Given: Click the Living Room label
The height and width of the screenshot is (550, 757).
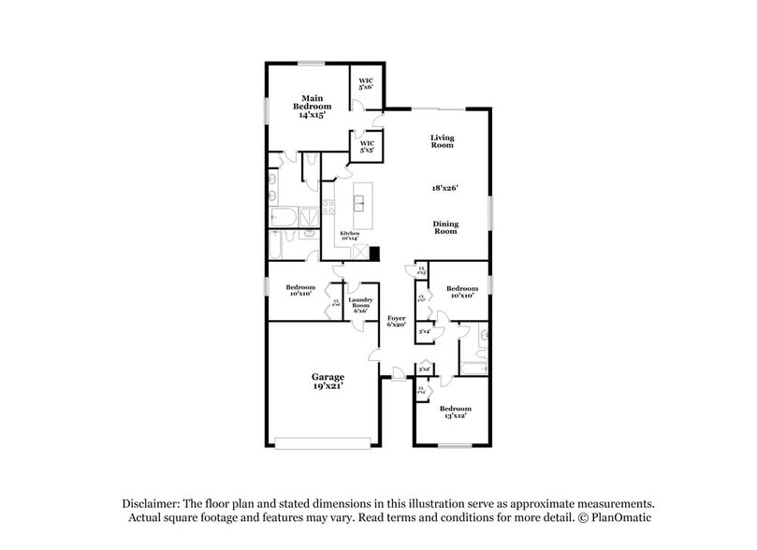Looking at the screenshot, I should (x=442, y=141).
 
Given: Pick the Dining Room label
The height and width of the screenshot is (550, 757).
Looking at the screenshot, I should (x=444, y=227).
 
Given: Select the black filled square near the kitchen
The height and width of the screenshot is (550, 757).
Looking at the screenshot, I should (x=374, y=253).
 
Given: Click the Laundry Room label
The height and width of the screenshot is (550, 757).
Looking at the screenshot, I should (x=362, y=305).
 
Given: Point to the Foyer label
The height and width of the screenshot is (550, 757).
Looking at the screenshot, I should (x=397, y=321).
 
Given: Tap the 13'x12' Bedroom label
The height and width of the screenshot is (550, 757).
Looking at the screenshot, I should (x=456, y=412).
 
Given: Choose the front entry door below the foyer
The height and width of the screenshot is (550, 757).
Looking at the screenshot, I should (x=399, y=376).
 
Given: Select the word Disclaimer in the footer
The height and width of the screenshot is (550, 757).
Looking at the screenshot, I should (x=151, y=502).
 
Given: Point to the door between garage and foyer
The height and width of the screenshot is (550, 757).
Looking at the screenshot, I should (x=375, y=356).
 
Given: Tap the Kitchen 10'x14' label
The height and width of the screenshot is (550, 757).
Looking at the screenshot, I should (x=349, y=236).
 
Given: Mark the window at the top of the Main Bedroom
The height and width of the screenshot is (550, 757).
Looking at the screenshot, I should (x=312, y=64).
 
